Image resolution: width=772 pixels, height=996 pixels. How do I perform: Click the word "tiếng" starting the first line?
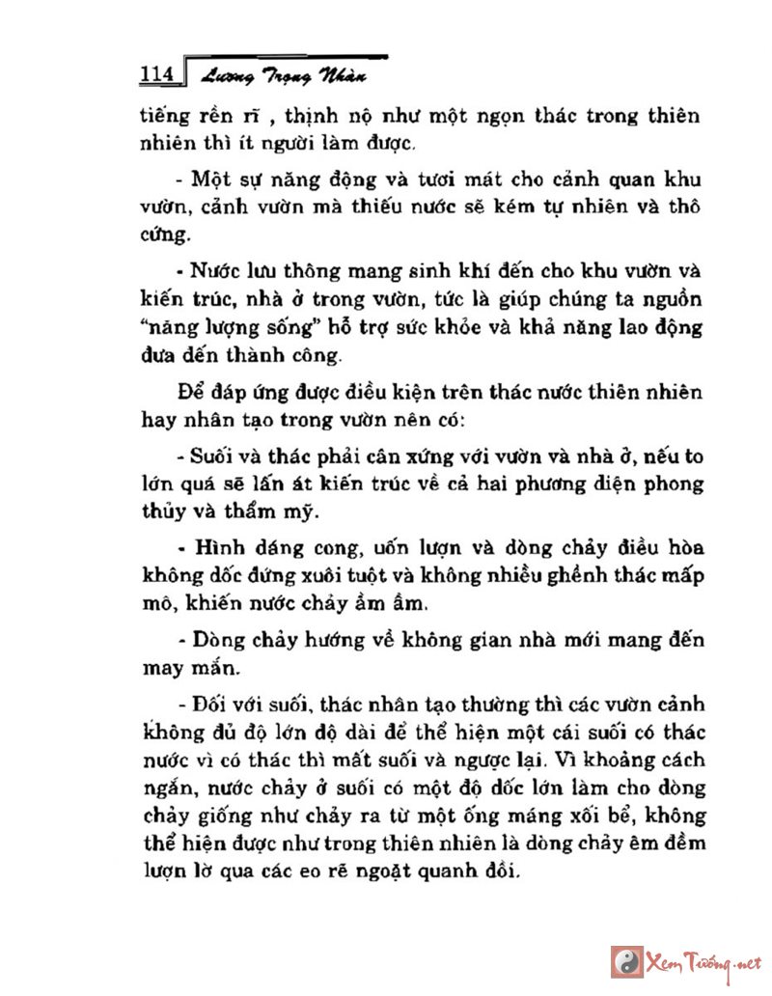click(x=161, y=118)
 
